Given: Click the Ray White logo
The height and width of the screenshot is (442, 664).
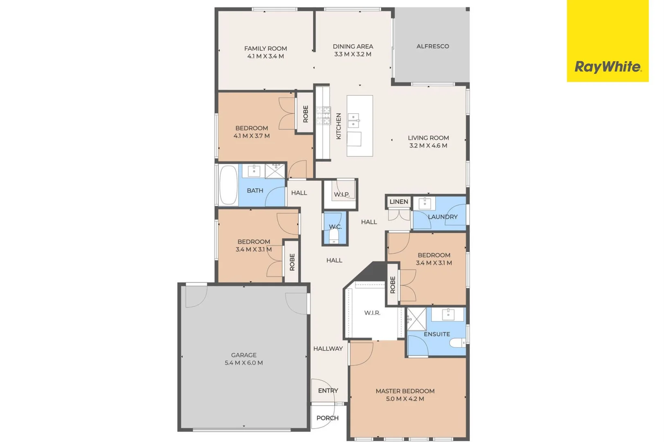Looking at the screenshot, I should coord(608,67).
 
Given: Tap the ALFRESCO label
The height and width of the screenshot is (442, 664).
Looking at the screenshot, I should coord(432,46).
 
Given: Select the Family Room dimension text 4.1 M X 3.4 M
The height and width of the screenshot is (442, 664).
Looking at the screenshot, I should coord(265,56).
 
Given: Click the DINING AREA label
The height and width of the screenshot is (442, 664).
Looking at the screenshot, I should coord(353,46).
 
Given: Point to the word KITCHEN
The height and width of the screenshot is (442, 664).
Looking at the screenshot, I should coord(338,126).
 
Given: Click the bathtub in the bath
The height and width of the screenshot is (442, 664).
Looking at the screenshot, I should coord(228,185).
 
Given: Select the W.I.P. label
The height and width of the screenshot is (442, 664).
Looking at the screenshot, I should coord(342,194).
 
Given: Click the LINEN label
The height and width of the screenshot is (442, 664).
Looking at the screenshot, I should coord(398,202).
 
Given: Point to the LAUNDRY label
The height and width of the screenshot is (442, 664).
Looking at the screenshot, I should coord(442,217).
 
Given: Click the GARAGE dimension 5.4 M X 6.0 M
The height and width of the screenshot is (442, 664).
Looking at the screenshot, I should coord(243,363).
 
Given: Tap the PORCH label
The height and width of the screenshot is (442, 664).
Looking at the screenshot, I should coord(327,418).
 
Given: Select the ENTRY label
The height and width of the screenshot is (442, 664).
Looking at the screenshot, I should coord(328,391).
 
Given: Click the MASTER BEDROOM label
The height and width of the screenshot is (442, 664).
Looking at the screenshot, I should coord(405,391).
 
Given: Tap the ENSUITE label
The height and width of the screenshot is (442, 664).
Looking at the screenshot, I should coord(437,334).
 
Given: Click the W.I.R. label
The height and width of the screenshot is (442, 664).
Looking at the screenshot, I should coord(372,313).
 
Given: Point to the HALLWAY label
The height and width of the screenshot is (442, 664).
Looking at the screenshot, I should coord(328,349).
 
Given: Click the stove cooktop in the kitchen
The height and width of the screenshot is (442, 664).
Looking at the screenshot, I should coord(323,115).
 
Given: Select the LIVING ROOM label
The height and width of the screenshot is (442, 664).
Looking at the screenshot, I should coord(428,138).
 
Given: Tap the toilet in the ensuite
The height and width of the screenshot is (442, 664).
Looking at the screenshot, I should coord(457,343).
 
